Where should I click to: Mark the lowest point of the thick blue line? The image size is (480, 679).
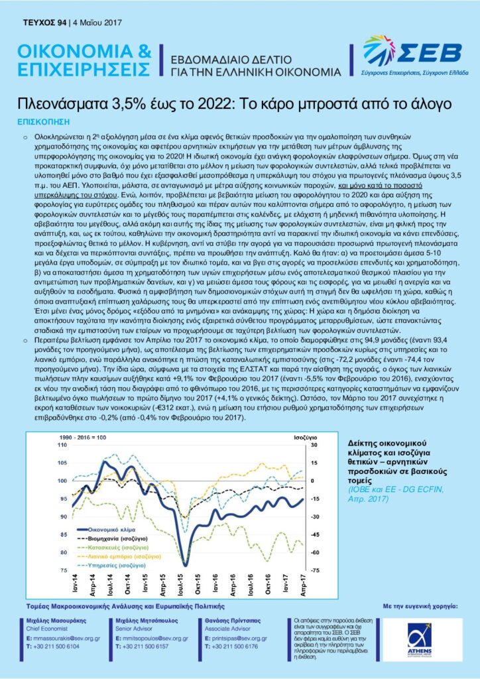pyautogui.click(x=185, y=565)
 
